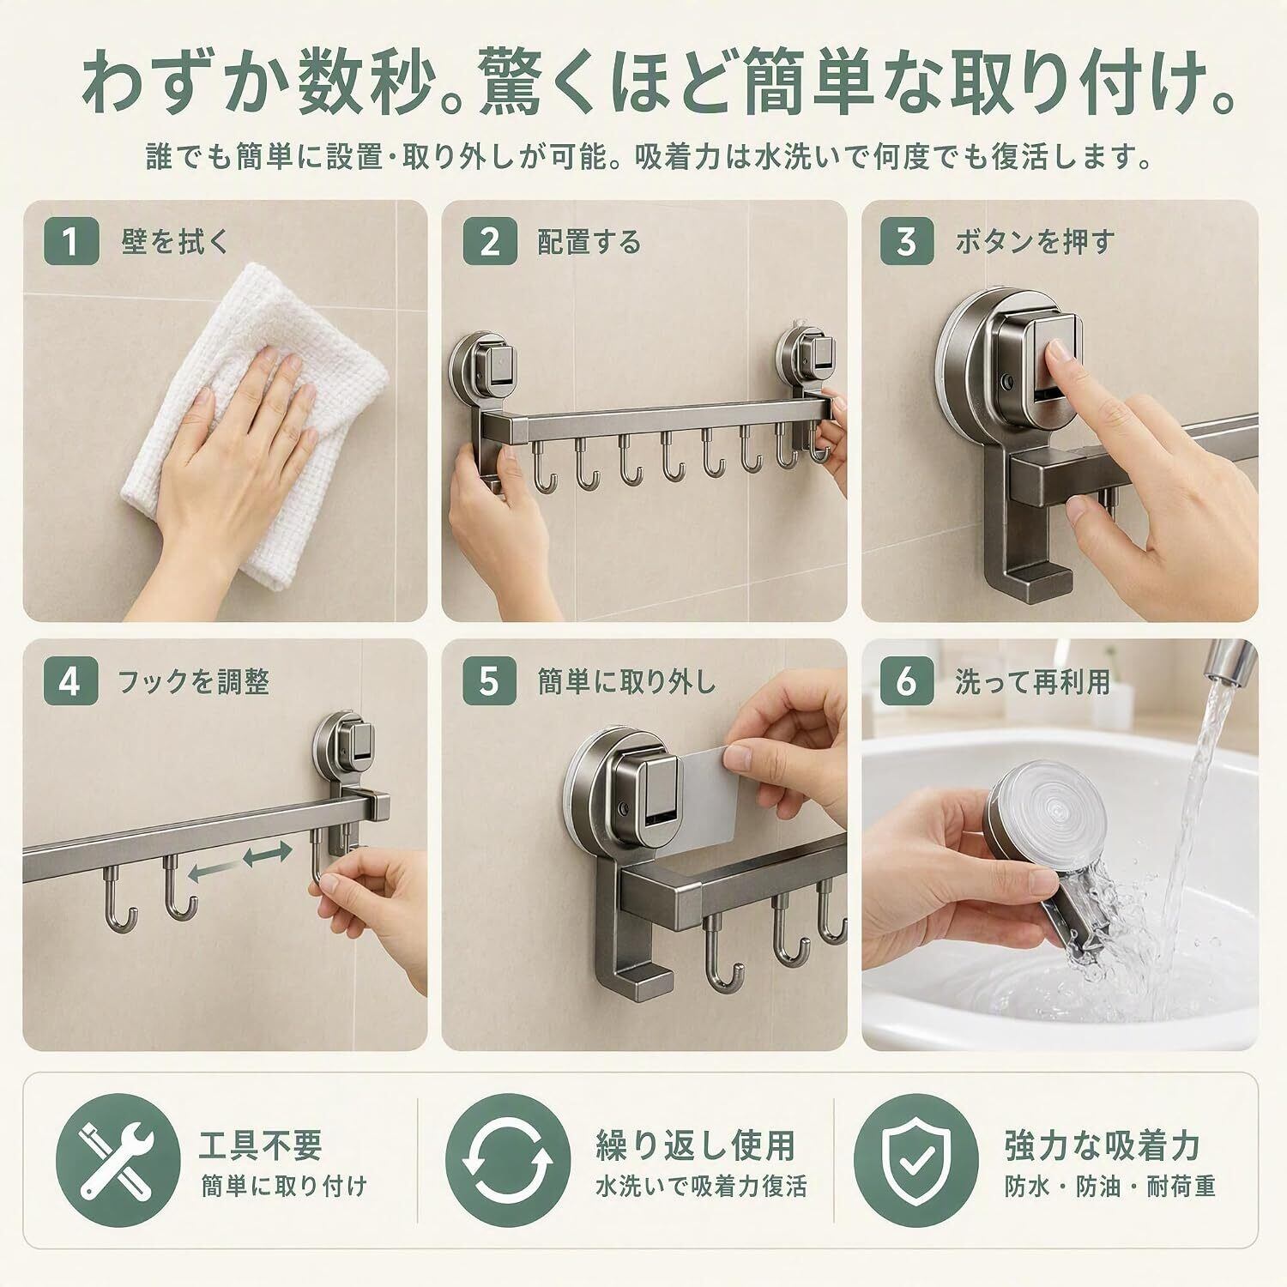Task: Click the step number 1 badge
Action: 71,242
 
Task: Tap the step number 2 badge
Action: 490,242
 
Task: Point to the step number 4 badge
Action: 71,682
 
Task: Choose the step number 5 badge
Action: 490,682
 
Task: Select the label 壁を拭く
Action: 176,243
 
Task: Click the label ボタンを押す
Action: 1035,243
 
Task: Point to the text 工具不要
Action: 260,1145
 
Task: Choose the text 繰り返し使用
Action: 695,1145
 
